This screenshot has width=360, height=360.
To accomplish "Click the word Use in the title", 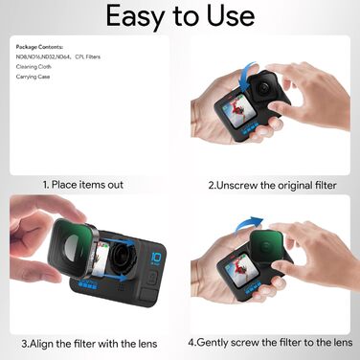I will point(230,16).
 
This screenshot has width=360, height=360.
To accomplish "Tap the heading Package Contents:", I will point(39,46).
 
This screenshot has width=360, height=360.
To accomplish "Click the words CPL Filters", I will point(88,56).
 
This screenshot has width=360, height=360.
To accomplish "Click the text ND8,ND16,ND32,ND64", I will point(42,56).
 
